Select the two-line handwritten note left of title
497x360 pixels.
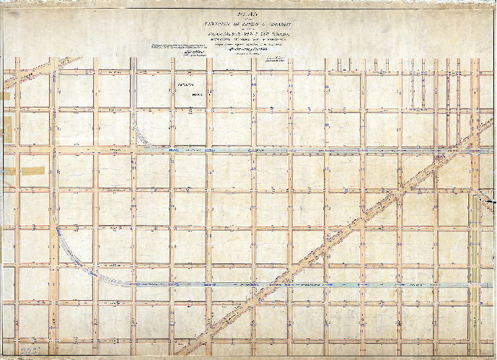(190, 46)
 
